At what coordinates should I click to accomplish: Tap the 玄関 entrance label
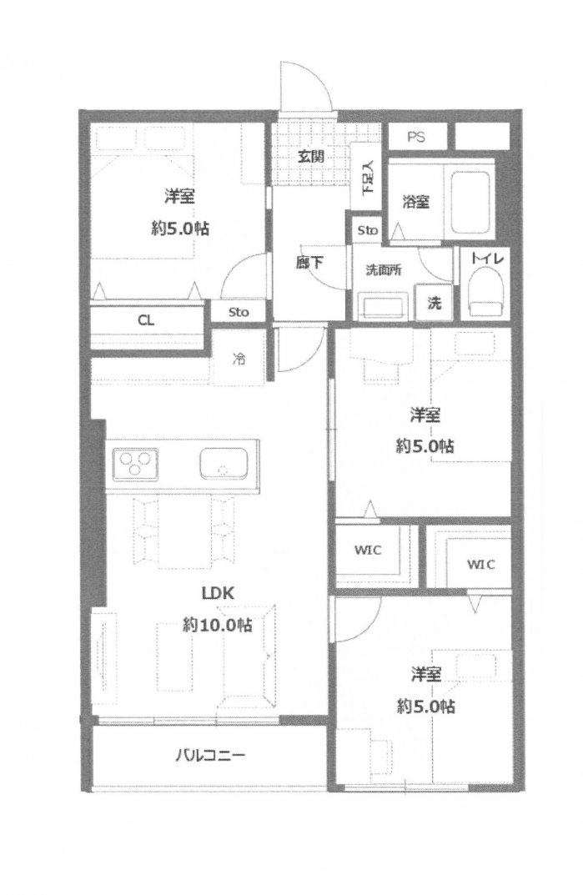point(311,156)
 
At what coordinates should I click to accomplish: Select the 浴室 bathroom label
point(415,201)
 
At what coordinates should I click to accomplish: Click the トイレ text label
point(487,259)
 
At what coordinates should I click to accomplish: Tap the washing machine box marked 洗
point(435,302)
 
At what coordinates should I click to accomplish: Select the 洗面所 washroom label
point(383,270)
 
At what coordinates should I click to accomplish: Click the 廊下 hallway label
point(309,263)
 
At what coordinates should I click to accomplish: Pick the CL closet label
point(146,320)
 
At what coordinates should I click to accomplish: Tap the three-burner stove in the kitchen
point(135,464)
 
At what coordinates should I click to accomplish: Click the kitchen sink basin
point(224,464)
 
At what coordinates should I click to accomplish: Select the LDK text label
point(219,593)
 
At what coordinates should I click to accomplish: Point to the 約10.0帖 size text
point(218,625)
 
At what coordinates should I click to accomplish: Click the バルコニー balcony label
point(210,756)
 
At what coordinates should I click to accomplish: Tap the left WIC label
point(368,551)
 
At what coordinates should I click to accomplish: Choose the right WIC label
point(480,564)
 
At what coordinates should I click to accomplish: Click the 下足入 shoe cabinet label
point(369,176)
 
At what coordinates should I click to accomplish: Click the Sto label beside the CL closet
point(239,312)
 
